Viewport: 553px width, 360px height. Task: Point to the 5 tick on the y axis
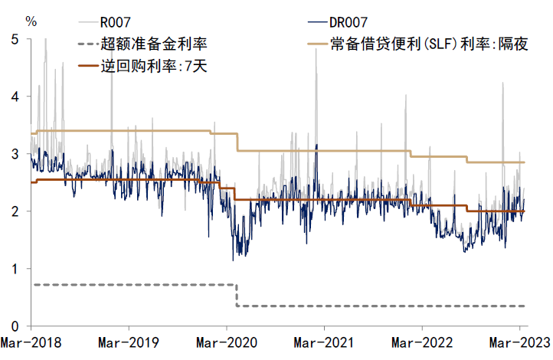click(x=15, y=39)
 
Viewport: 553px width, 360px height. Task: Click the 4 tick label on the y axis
click(x=15, y=97)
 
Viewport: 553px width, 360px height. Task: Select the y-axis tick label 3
click(x=15, y=154)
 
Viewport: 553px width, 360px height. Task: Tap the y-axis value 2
click(x=15, y=211)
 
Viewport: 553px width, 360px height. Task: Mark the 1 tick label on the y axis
click(x=15, y=268)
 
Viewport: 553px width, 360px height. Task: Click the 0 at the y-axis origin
click(x=15, y=326)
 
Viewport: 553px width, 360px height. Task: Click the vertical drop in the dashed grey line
click(x=236, y=296)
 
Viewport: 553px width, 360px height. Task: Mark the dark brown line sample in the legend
click(x=89, y=66)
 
